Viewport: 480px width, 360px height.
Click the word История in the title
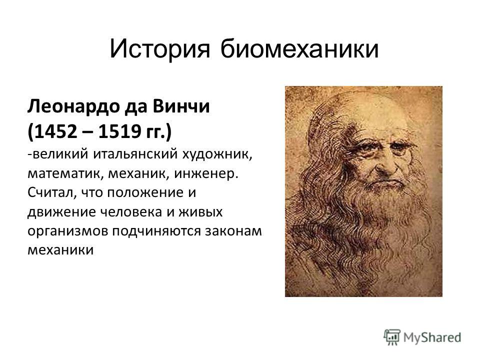tap(160, 49)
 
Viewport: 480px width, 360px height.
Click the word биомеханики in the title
tap(299, 48)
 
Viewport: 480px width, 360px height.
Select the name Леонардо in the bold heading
tap(73, 107)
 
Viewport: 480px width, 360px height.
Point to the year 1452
tap(55, 131)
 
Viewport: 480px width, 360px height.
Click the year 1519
tap(119, 131)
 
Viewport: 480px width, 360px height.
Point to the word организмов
tap(67, 231)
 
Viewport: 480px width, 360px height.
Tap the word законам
tap(233, 231)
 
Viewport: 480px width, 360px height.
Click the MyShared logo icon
tap(392, 337)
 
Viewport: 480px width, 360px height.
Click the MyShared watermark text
tap(432, 337)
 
